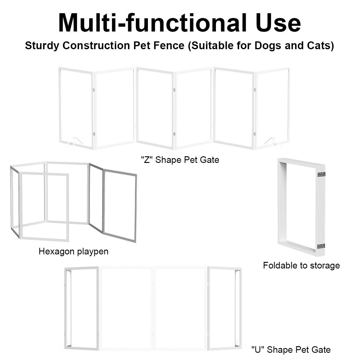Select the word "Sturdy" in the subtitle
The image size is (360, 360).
pos(42,46)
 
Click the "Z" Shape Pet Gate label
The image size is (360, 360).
pos(180,160)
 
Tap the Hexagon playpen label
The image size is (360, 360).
pos(73,252)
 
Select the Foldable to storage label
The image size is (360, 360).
pos(301,265)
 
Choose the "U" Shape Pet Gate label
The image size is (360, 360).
pos(291,350)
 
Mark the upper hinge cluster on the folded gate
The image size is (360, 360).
pos(321,174)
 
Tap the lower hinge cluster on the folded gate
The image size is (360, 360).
pos(321,246)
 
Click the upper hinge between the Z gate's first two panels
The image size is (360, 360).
pos(94,90)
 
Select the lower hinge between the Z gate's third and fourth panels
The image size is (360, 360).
pos(174,134)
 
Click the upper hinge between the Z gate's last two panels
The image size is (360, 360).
pos(255,90)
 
